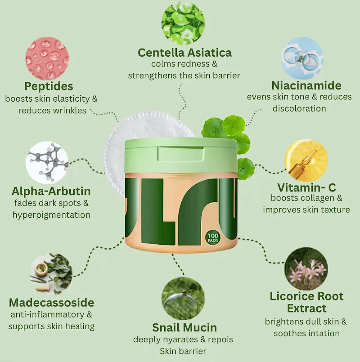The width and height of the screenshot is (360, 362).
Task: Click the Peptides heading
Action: point(49,86)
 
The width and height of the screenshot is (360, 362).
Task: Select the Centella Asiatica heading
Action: point(184,53)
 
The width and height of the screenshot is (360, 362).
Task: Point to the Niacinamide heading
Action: point(306,85)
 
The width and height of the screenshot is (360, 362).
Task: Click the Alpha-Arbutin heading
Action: point(51,191)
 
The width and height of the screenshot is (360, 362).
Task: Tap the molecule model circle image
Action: point(47,163)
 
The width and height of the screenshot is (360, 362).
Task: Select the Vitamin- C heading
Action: point(306,188)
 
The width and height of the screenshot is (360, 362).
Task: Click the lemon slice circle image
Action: point(306,160)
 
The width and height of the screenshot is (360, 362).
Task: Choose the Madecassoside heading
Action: point(52,303)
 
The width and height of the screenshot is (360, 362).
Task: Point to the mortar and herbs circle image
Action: point(51,274)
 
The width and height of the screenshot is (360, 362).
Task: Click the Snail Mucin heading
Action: point(184,328)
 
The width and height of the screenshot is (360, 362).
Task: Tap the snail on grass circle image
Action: point(183,299)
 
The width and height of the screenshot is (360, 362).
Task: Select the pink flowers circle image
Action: point(306,269)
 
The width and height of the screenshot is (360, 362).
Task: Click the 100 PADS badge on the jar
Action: point(213,238)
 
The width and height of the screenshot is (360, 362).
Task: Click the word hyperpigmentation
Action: point(51,215)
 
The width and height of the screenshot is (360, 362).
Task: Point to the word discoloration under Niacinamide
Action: point(299,108)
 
